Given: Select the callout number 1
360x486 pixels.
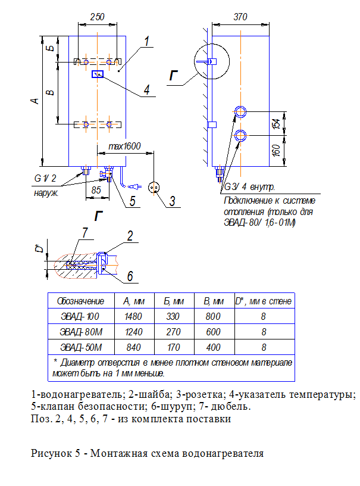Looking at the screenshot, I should [x=146, y=41].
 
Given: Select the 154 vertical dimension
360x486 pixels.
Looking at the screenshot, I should [x=276, y=123].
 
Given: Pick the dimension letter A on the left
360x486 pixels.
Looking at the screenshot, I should [x=35, y=101].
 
